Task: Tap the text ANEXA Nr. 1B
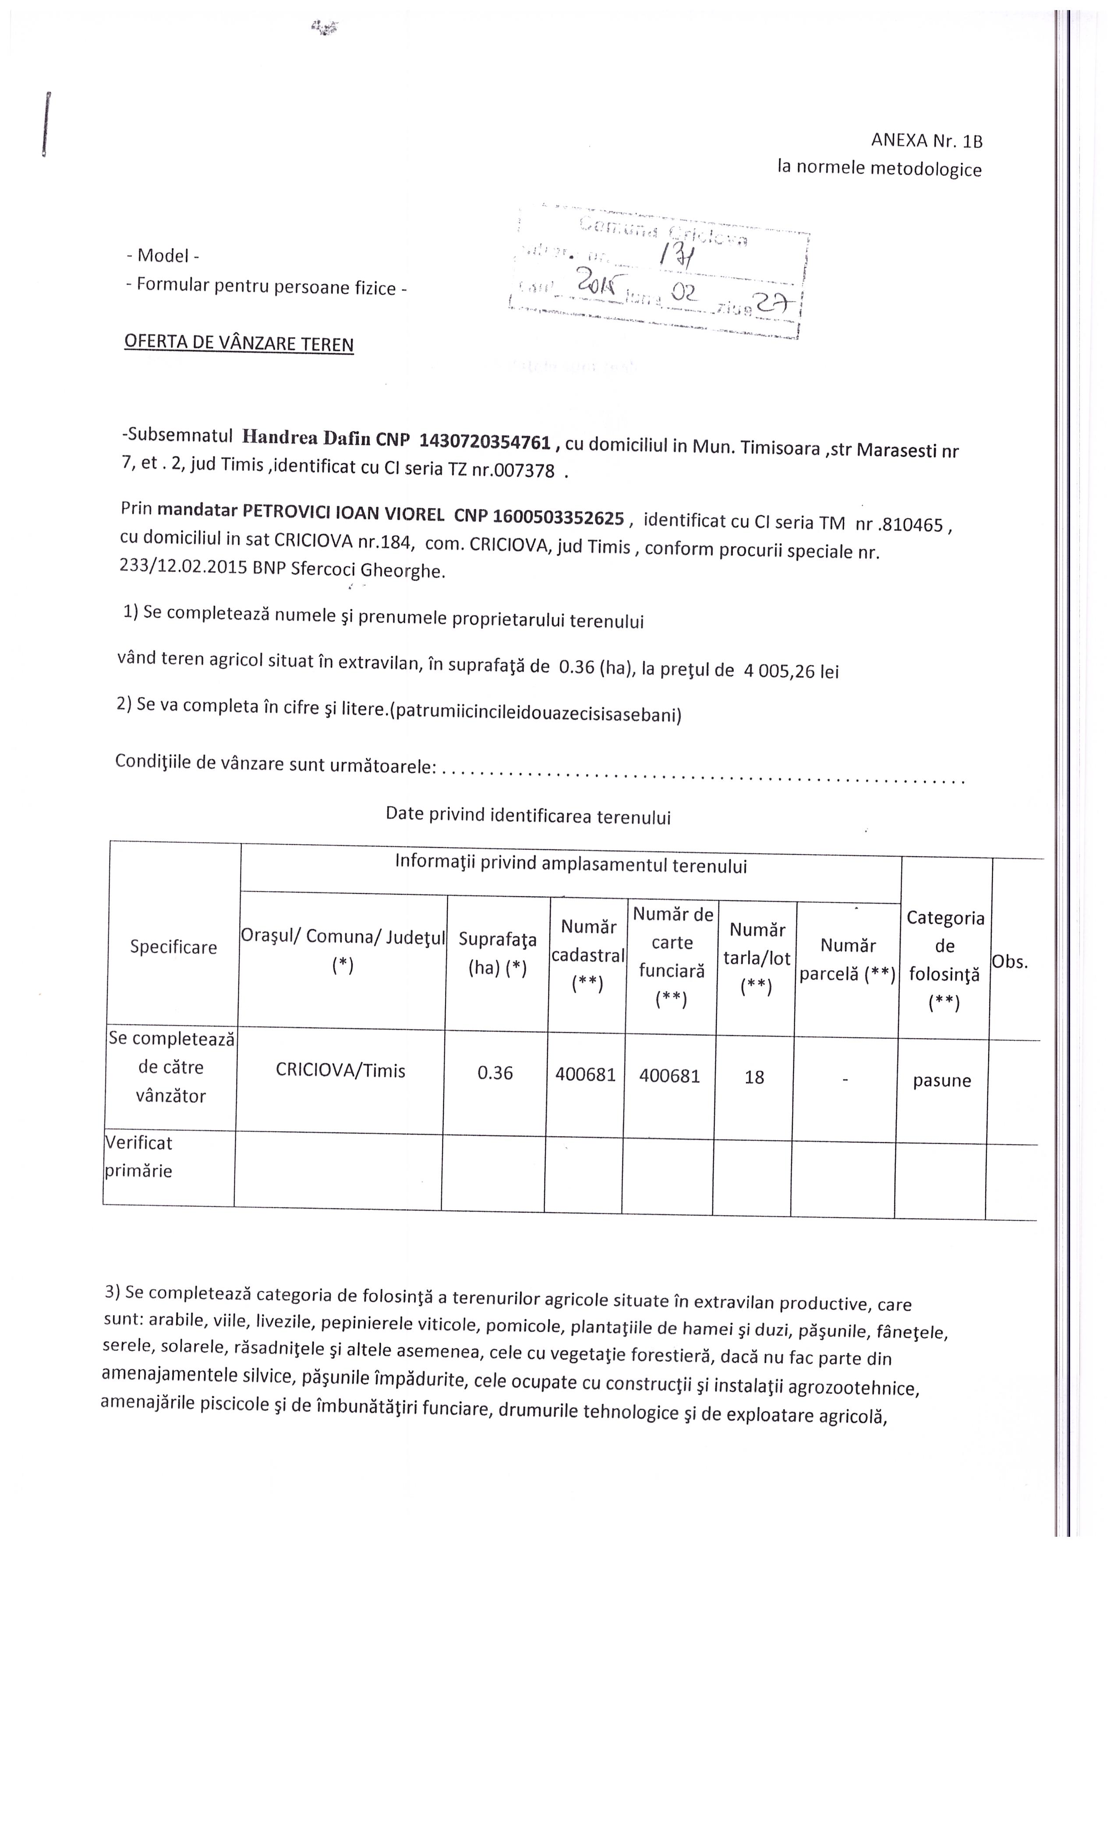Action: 926,140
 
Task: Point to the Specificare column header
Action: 173,947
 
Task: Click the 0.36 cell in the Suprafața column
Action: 495,1073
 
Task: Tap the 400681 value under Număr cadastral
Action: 586,1074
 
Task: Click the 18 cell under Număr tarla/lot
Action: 754,1077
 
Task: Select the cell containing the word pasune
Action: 942,1080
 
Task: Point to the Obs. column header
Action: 1010,962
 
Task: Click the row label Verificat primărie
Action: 139,1157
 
